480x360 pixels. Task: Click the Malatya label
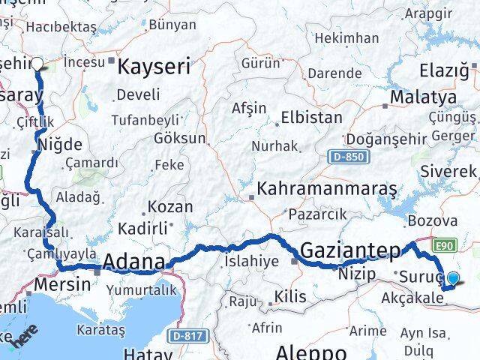(425, 97)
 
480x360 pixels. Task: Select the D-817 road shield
(185, 335)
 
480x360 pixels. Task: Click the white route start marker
(37, 64)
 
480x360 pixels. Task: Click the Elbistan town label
(311, 118)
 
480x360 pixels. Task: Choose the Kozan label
(170, 206)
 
